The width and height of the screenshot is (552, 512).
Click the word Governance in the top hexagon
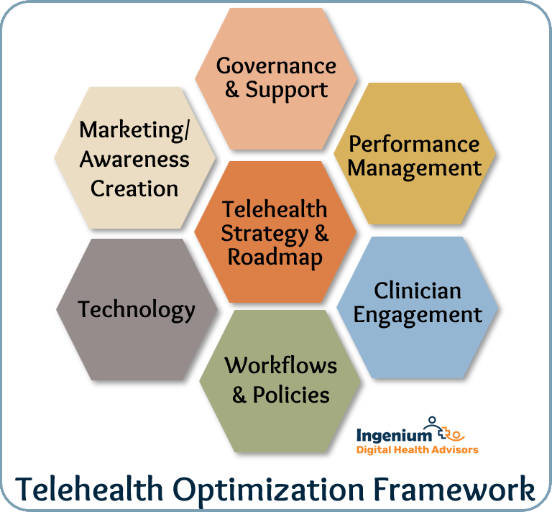[x=276, y=66]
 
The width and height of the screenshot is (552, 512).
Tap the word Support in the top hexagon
[x=287, y=90]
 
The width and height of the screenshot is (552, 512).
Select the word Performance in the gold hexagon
[x=414, y=144]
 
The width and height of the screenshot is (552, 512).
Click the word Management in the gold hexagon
[x=414, y=169]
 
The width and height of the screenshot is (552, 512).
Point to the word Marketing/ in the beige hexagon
[x=134, y=130]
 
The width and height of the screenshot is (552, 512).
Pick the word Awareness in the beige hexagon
[x=134, y=159]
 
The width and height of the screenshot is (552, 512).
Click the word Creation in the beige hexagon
[x=134, y=188]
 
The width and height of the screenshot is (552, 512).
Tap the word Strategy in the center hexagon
[x=264, y=234]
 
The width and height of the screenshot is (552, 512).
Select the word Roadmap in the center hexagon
[x=275, y=257]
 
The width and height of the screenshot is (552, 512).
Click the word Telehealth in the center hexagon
[x=275, y=209]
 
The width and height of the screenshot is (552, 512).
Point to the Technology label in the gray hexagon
[x=137, y=310]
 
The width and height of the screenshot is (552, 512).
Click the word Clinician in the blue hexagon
[x=418, y=291]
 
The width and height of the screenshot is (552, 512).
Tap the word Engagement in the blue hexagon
[x=418, y=315]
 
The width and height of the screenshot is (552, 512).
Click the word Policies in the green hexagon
[x=291, y=394]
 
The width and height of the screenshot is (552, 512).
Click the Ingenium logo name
[x=394, y=435]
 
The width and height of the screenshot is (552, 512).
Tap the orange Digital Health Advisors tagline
[x=417, y=449]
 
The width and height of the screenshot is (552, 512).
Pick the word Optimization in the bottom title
[x=268, y=490]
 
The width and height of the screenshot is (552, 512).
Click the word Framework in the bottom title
[x=454, y=488]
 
